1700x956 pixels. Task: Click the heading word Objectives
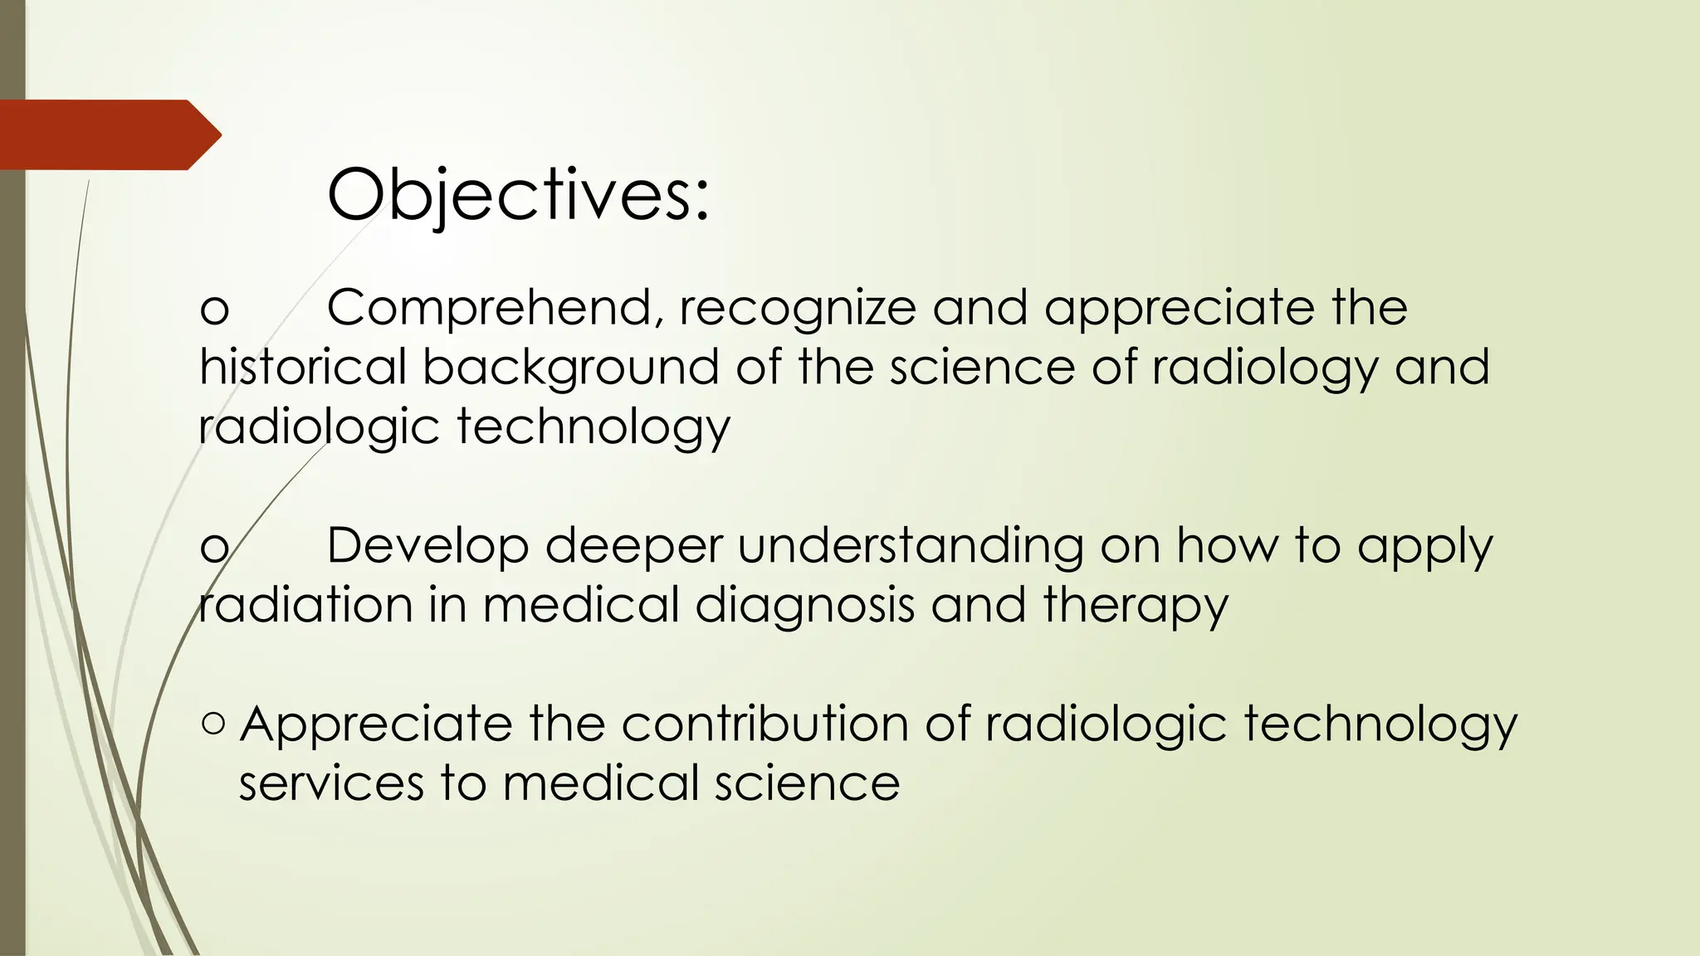(518, 195)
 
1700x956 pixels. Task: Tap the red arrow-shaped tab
(108, 134)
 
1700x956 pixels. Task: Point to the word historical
(303, 367)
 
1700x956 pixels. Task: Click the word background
(571, 367)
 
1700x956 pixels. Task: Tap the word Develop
(427, 546)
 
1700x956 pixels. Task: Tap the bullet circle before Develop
(214, 548)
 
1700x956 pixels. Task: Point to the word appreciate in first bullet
(1180, 308)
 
